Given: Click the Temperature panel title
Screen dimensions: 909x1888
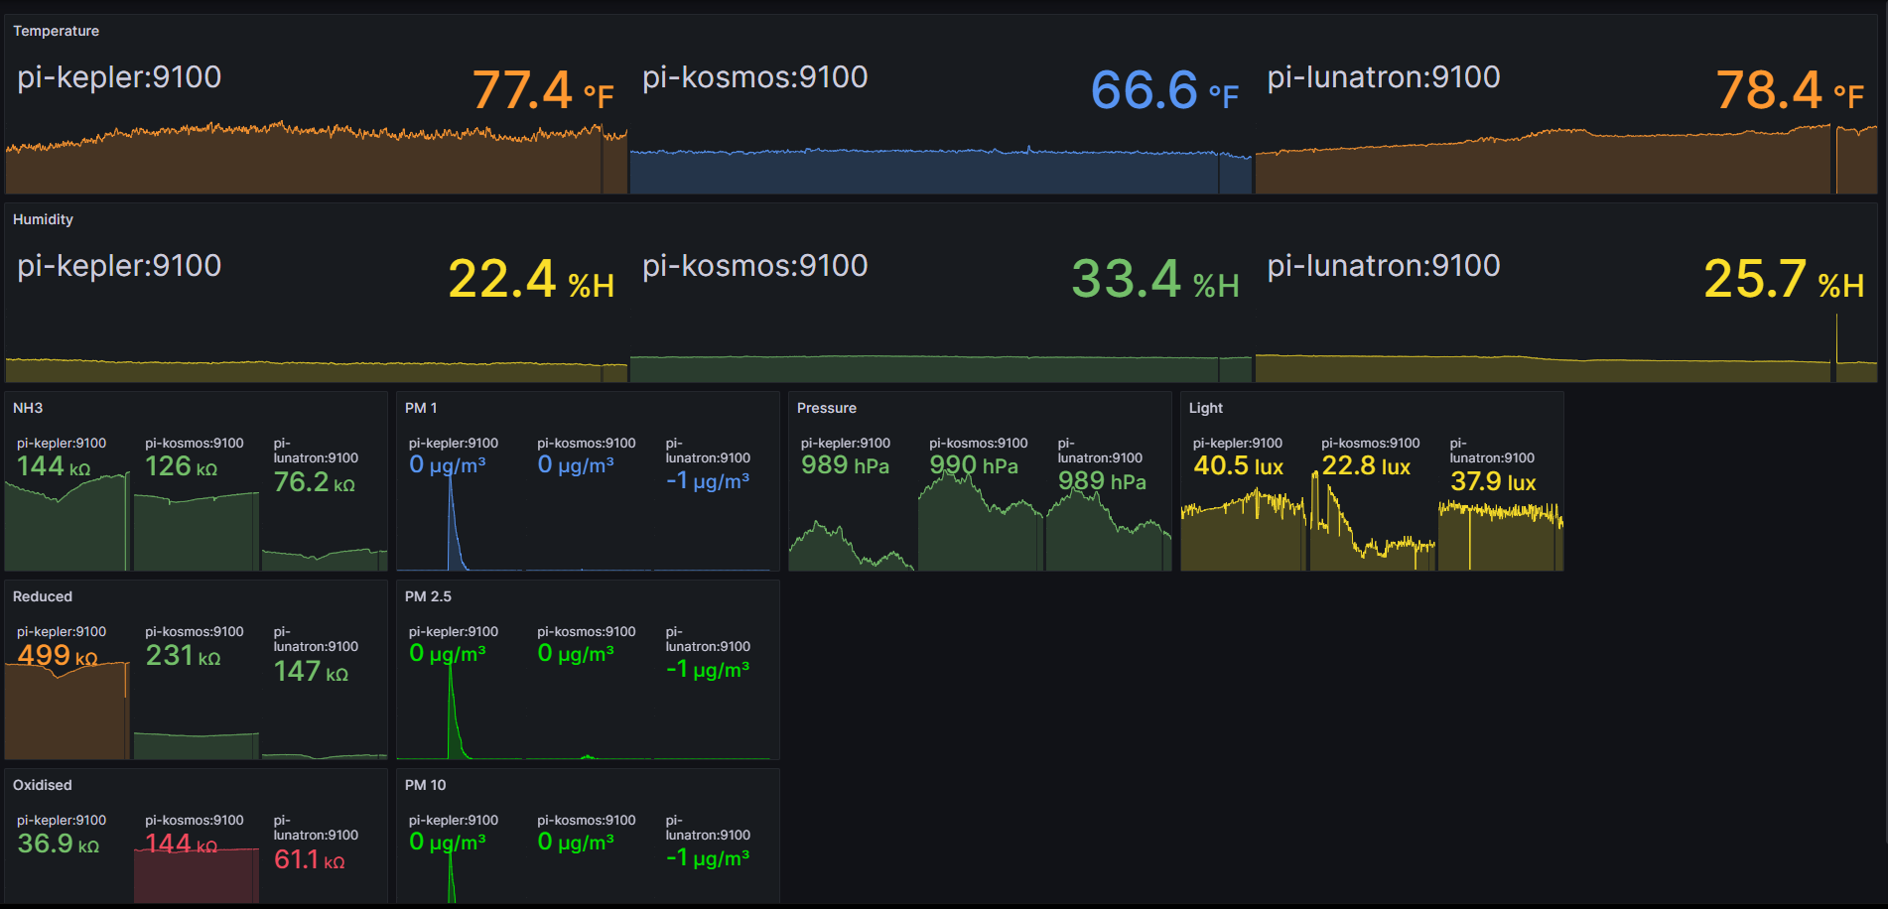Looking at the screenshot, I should point(56,31).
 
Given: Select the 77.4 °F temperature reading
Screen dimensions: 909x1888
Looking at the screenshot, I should point(542,90).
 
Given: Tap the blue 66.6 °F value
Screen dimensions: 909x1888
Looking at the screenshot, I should point(1163,90).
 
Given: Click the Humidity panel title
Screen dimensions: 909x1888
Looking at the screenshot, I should point(43,219).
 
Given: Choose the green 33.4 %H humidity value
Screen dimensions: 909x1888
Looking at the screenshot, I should point(1154,279).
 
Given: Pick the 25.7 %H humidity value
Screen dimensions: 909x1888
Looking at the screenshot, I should point(1783,279).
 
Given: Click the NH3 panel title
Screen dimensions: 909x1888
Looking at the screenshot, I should point(28,408).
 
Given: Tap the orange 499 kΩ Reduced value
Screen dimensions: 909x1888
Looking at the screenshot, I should point(57,655).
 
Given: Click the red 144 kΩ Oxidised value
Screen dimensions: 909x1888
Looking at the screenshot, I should point(181,844).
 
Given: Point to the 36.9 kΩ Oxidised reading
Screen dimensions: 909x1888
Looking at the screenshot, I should point(58,844).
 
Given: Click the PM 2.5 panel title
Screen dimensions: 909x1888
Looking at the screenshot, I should point(428,596).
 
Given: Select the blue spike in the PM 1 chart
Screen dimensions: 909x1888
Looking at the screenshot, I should point(452,516).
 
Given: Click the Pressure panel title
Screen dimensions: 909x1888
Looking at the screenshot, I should point(826,408).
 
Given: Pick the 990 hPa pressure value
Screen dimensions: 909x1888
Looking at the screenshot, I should point(973,465).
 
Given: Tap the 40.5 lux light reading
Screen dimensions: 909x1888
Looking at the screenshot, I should point(1238,465).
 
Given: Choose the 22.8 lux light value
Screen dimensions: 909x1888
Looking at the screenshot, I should point(1365,465).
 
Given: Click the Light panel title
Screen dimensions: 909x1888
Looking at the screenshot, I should point(1206,408).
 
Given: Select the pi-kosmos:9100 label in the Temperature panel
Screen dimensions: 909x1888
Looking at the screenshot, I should point(754,77).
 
